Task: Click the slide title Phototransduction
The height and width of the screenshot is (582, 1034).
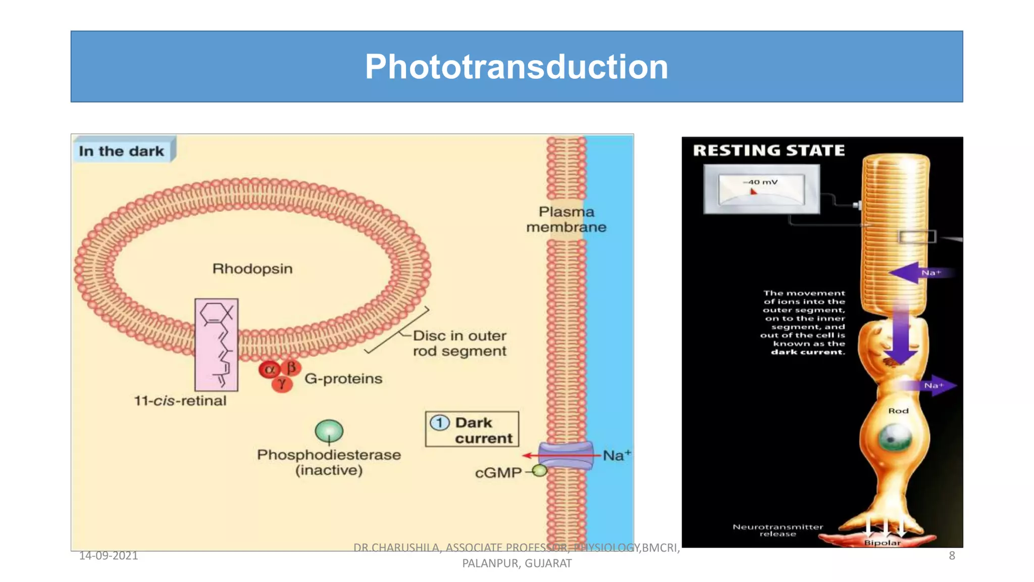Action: click(x=516, y=67)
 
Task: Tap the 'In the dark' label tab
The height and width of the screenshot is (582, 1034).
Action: click(x=122, y=151)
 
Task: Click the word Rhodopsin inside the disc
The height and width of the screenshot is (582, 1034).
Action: click(x=252, y=268)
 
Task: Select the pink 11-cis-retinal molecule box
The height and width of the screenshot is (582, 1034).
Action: click(x=216, y=345)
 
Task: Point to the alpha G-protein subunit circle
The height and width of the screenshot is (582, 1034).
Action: click(x=269, y=369)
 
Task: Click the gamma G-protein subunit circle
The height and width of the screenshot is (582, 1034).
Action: click(x=282, y=384)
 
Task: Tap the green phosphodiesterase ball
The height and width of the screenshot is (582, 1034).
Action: click(x=329, y=431)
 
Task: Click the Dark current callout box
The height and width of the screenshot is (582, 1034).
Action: click(x=472, y=429)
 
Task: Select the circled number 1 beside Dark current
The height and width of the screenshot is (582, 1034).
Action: click(x=439, y=422)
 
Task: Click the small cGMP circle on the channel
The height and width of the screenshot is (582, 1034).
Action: click(x=540, y=471)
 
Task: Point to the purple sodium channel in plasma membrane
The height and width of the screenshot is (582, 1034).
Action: click(x=565, y=455)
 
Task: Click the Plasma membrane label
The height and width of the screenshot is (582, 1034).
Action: click(x=566, y=219)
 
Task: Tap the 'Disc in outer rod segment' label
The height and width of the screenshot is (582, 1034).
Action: click(x=459, y=343)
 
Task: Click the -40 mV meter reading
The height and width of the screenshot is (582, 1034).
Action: click(x=760, y=182)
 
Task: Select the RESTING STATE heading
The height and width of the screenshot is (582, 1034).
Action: click(x=768, y=150)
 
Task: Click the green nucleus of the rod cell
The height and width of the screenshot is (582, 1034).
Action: click(x=894, y=438)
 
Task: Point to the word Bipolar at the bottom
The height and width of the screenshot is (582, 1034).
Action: click(x=882, y=543)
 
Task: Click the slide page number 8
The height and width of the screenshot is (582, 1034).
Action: click(x=952, y=555)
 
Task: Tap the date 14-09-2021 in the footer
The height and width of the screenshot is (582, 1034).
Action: click(x=109, y=555)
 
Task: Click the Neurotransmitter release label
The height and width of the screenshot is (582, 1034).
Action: click(x=778, y=530)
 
